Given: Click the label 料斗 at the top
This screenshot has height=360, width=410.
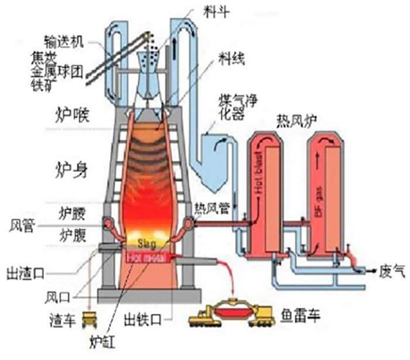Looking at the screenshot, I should click(x=213, y=10).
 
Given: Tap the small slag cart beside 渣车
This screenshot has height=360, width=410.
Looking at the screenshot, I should click(x=90, y=320).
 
